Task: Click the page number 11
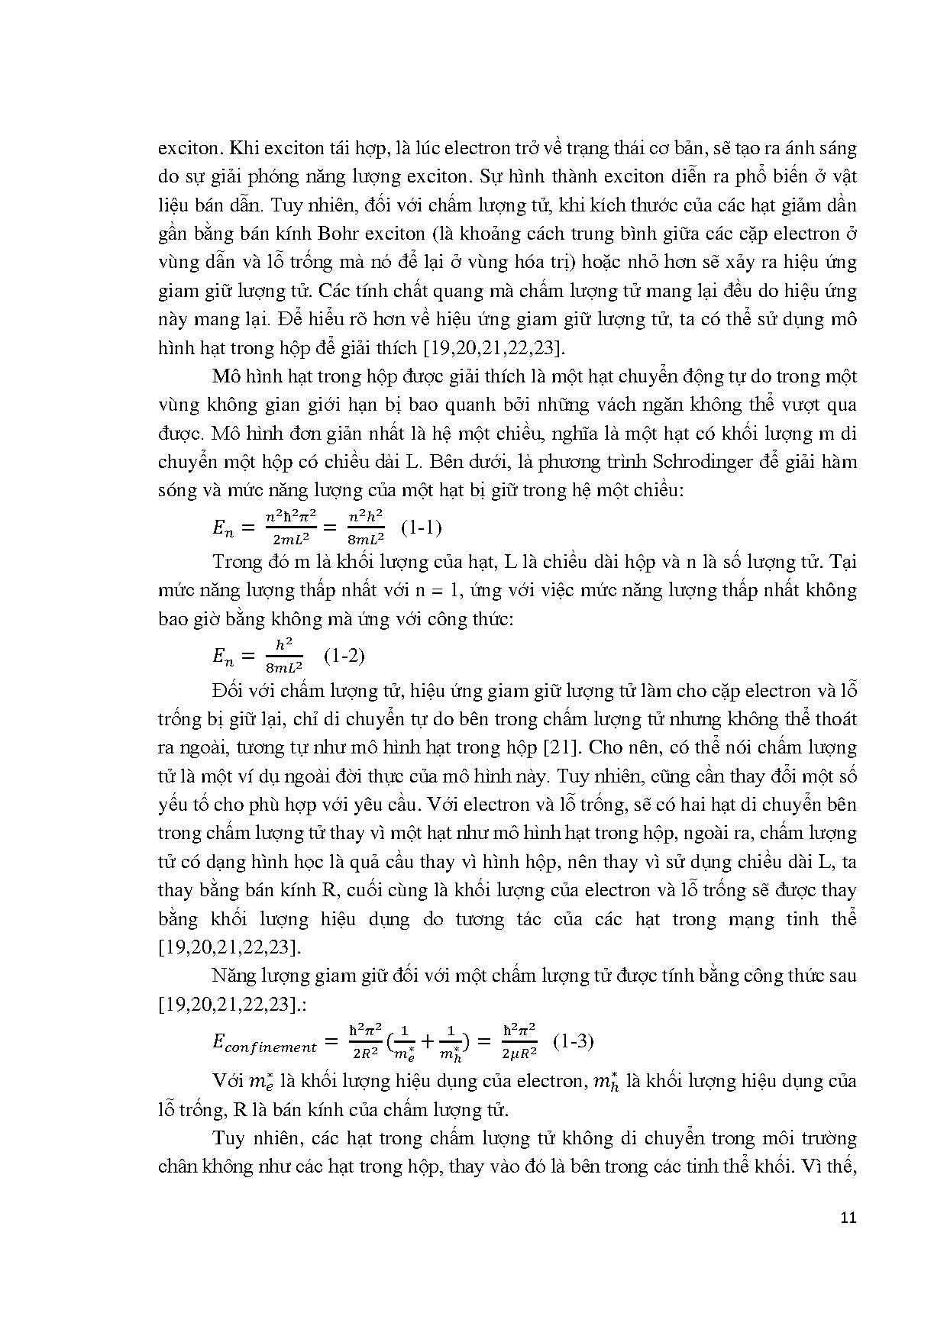(848, 1218)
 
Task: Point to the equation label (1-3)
(574, 1041)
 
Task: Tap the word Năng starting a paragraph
(235, 976)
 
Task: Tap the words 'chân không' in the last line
(196, 1167)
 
